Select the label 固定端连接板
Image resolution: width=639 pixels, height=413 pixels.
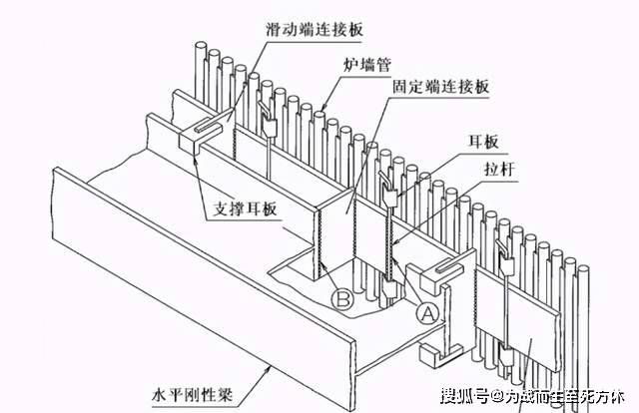(x=442, y=88)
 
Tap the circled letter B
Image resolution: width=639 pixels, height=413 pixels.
(x=342, y=297)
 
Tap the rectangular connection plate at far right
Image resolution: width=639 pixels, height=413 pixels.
(x=519, y=319)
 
